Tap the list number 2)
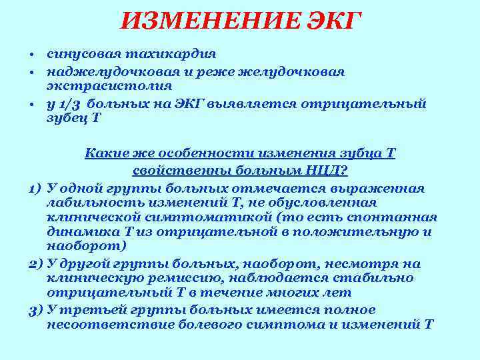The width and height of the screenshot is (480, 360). click(37, 263)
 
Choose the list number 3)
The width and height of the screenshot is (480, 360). click(37, 310)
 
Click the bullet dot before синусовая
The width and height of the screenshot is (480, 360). click(32, 53)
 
